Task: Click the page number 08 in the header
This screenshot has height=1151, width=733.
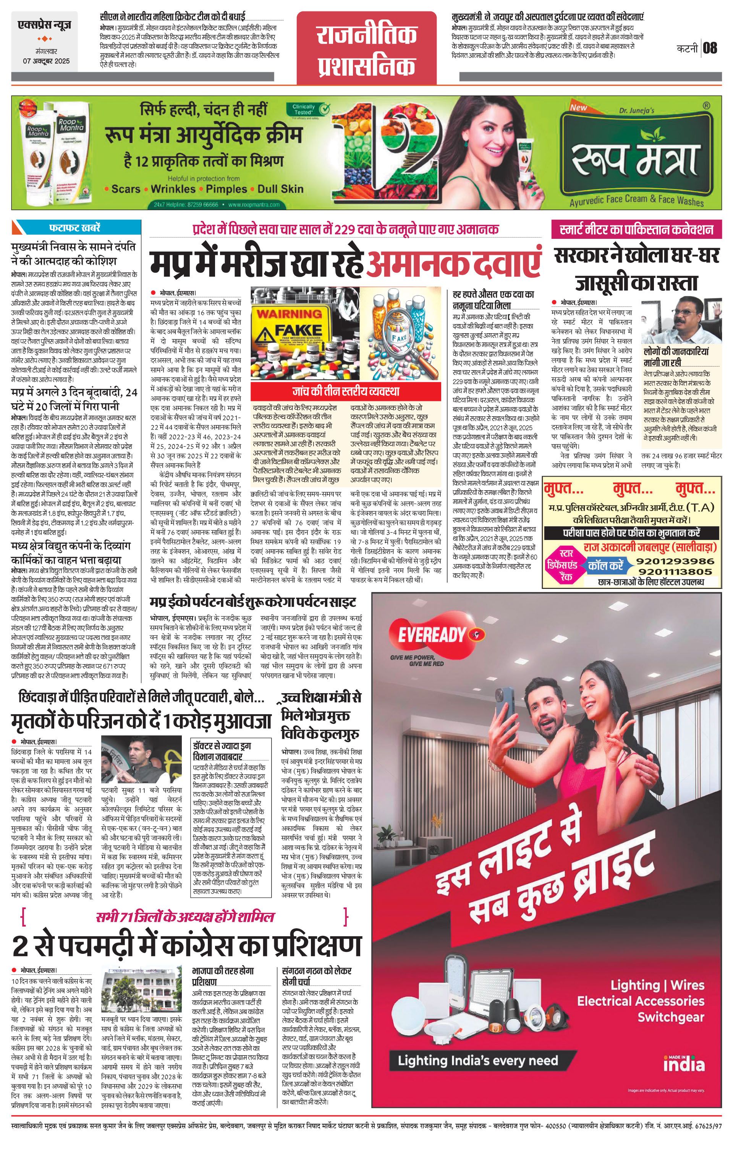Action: pos(710,48)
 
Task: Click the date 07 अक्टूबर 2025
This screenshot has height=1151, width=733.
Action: pos(46,61)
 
